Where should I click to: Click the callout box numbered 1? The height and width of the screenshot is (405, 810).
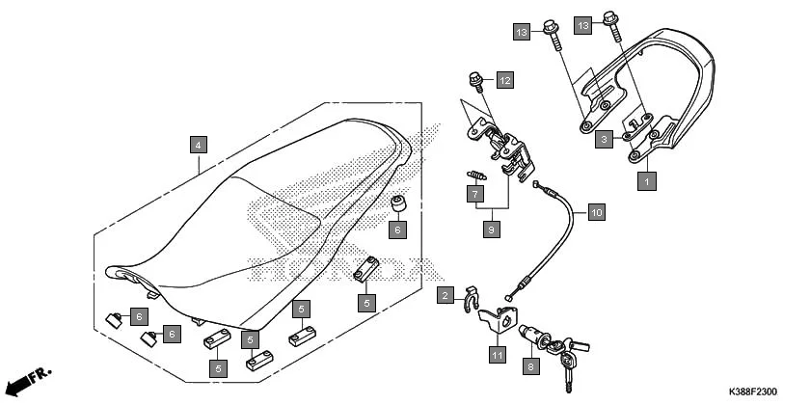[646, 178]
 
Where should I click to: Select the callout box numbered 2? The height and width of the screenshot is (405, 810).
[445, 295]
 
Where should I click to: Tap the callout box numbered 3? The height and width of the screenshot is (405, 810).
[602, 139]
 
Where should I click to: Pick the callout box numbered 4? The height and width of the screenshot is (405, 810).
[197, 145]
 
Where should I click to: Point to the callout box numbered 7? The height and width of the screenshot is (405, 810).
[475, 194]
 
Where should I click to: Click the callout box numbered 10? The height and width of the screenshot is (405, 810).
[595, 210]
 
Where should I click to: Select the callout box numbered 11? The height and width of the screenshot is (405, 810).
[496, 355]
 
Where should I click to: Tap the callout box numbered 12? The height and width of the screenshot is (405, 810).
[505, 78]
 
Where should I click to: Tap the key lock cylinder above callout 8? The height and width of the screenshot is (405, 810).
[532, 337]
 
